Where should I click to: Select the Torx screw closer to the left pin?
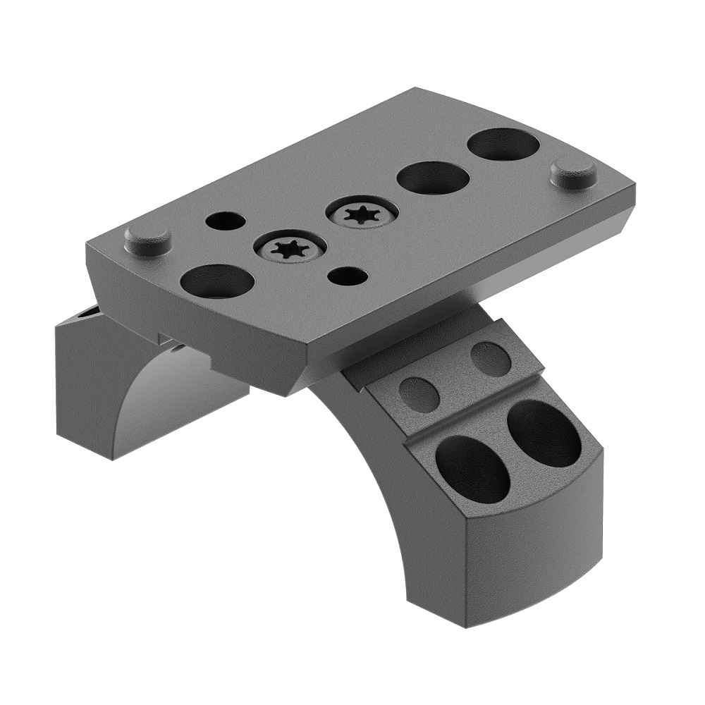click(290, 247)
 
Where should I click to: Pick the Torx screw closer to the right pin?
click(362, 213)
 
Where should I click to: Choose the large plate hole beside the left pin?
click(217, 281)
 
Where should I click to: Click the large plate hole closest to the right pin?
click(503, 144)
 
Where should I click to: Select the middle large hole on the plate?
click(433, 178)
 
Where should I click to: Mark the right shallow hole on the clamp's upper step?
click(491, 359)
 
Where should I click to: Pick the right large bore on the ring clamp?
click(544, 434)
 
